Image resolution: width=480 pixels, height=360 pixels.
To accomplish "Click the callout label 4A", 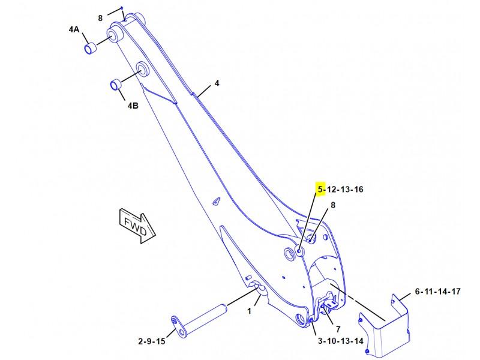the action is [74, 29].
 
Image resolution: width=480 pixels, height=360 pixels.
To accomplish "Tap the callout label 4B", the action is [133, 106].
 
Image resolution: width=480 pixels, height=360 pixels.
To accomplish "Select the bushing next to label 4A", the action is [90, 49].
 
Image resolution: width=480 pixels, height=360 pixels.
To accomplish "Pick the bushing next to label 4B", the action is [116, 85].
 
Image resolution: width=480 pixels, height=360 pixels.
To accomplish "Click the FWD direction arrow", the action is [137, 226].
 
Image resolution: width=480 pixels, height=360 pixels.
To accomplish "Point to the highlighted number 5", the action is [320, 189].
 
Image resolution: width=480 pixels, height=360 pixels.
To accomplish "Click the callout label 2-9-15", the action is [152, 341].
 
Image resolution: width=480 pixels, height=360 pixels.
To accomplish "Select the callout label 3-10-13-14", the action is [340, 341].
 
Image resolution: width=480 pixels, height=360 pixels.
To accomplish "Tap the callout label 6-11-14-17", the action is [438, 291].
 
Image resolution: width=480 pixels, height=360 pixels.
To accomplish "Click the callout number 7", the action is [338, 329].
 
